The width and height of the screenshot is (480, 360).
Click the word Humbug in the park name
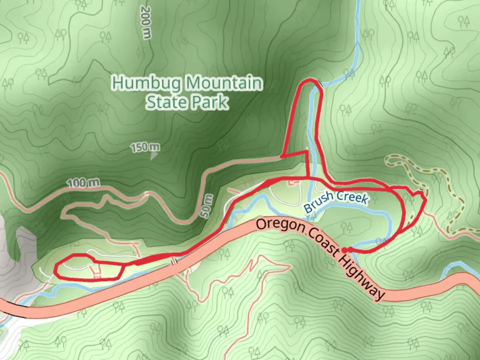tap(147, 83)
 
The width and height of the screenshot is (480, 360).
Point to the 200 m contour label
tap(146, 22)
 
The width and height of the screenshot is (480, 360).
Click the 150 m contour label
tap(145, 147)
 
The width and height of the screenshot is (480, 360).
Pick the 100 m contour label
tap(83, 183)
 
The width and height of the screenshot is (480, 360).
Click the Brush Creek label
tap(336, 201)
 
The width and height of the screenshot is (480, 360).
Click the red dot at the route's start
tap(344, 250)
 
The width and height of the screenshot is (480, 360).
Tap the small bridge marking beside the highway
tap(174, 262)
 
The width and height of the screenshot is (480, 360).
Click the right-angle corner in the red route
tap(307, 152)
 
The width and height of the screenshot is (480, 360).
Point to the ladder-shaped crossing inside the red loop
tap(97, 275)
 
